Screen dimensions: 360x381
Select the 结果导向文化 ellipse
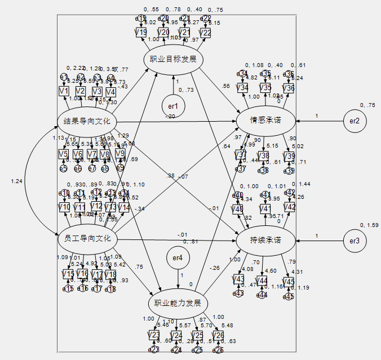87,121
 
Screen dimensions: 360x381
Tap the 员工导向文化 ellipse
87,239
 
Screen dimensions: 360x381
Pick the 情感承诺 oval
265,121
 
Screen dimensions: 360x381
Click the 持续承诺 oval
265,241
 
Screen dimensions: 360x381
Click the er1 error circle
173,105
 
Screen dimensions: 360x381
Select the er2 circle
355,121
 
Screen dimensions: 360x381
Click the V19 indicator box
141,33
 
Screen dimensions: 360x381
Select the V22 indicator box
205,33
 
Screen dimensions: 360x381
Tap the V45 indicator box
289,281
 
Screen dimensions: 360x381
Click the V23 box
153,336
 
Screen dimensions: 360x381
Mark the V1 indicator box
64,91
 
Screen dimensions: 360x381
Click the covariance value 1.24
16,181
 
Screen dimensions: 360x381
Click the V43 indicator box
239,279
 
